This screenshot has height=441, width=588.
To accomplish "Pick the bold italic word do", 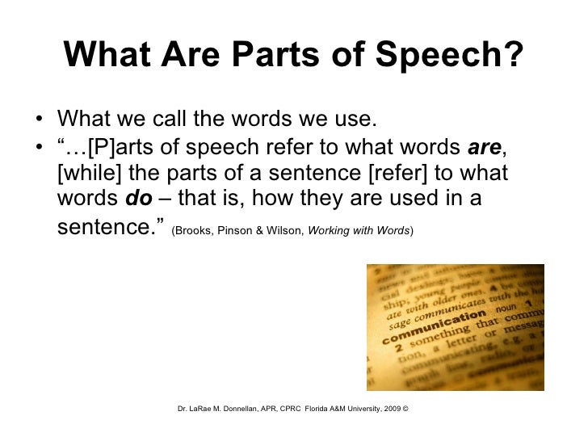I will (x=128, y=199).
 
